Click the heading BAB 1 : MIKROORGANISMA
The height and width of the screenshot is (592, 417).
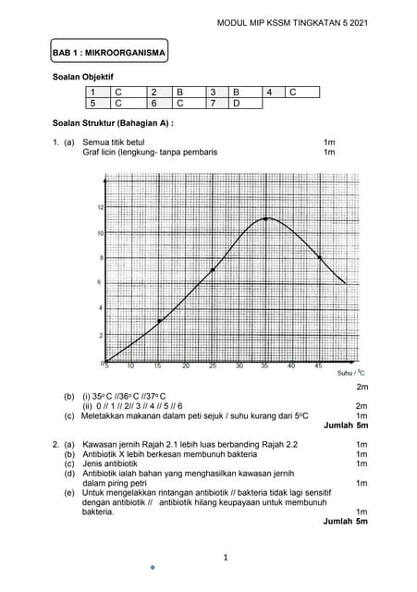[x=110, y=54]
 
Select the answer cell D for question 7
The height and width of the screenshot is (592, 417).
[x=237, y=104]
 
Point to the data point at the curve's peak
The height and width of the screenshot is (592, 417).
[x=265, y=219]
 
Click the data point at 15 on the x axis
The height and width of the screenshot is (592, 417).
[x=160, y=321]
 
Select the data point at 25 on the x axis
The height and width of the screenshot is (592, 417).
[x=213, y=270]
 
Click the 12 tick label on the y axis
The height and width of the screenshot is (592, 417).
[x=100, y=207]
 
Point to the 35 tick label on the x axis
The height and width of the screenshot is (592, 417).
[x=265, y=366]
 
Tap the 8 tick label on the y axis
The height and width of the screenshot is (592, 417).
[x=100, y=257]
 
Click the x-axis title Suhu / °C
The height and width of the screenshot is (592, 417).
[x=349, y=373]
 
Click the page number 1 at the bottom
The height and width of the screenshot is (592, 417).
[x=225, y=557]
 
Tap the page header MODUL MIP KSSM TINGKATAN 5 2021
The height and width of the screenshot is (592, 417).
[x=291, y=25]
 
